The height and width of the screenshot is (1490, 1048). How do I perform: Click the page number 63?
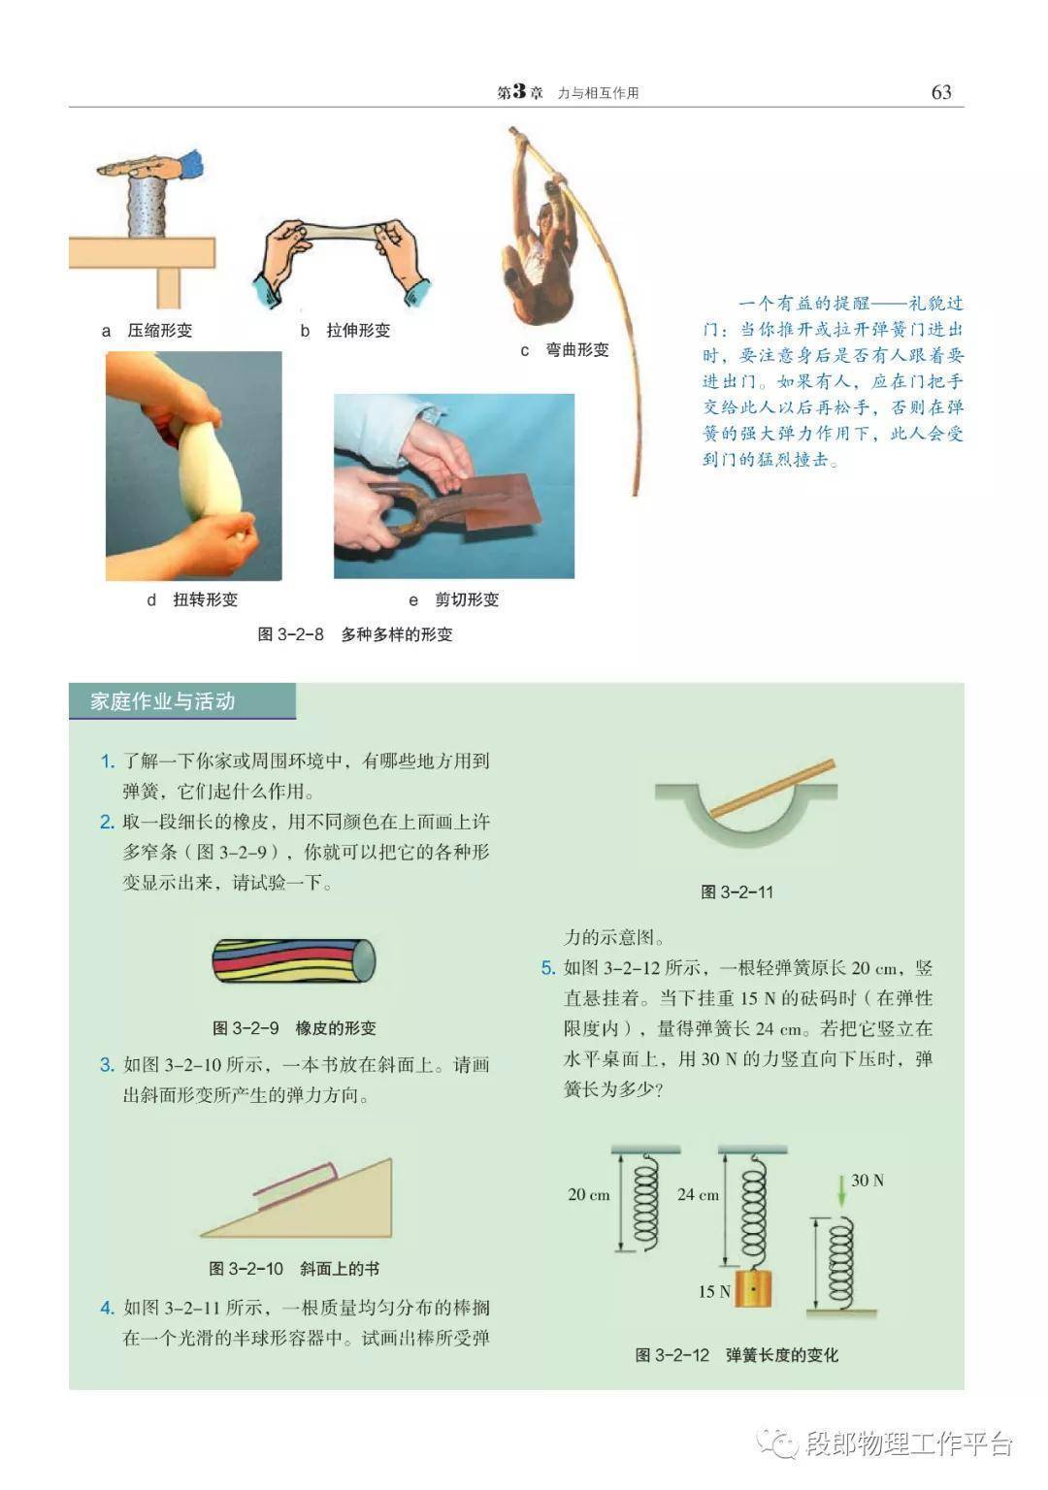(x=941, y=92)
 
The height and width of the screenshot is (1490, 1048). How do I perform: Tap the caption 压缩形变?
(x=160, y=331)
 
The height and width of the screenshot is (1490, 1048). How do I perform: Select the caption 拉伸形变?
(x=358, y=331)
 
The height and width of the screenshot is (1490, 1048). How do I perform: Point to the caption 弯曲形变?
(x=577, y=350)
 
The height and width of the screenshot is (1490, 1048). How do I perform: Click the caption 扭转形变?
(x=205, y=599)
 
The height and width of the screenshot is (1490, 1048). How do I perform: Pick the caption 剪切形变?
(x=467, y=599)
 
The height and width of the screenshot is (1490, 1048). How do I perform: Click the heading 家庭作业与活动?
(x=162, y=701)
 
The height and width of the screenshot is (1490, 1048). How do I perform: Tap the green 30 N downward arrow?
(x=841, y=1190)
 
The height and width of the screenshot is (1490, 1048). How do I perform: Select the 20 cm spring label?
(x=589, y=1195)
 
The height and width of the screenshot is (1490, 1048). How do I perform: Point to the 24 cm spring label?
(x=698, y=1195)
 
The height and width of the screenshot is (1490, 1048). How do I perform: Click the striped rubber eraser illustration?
(x=293, y=960)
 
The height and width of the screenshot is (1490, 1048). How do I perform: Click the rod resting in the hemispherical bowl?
(x=772, y=789)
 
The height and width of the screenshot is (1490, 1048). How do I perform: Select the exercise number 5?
(x=547, y=968)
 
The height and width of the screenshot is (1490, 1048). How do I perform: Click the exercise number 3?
(x=107, y=1065)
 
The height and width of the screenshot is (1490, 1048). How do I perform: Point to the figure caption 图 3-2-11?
(x=737, y=892)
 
